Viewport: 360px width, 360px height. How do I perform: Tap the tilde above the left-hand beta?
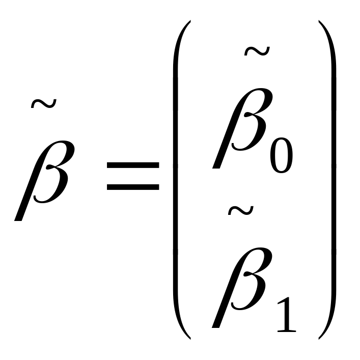(44, 104)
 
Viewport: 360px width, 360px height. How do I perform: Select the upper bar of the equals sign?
(133, 165)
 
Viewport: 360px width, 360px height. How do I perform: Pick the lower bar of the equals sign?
(133, 187)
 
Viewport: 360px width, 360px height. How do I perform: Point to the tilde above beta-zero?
(257, 51)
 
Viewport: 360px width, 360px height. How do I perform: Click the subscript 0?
(282, 155)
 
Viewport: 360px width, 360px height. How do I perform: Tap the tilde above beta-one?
(241, 210)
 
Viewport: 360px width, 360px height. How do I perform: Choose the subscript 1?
(287, 315)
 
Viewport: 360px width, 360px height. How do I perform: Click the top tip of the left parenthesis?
(190, 21)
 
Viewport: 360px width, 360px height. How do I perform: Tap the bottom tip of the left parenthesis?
(190, 339)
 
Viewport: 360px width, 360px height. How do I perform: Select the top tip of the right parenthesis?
(319, 21)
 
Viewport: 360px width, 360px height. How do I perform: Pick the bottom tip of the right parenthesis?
(319, 339)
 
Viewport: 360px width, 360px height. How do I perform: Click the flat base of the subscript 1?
(287, 331)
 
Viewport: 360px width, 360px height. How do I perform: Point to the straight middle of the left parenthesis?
(175, 180)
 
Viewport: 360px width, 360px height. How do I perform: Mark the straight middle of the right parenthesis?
(334, 180)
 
